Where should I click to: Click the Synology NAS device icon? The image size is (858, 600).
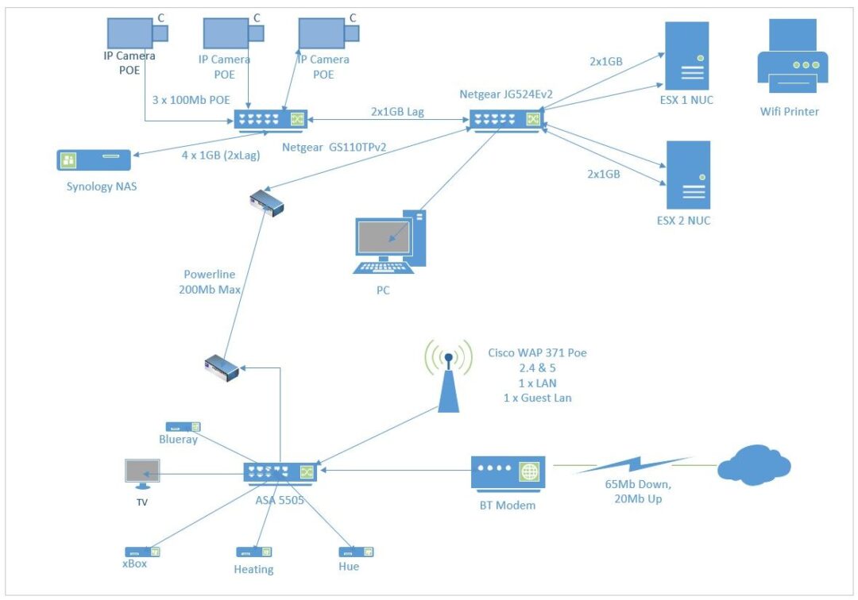point(94,160)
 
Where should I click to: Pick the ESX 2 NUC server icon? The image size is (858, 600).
point(688,175)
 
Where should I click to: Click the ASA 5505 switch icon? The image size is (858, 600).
point(280,471)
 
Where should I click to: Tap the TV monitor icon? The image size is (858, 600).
point(142,473)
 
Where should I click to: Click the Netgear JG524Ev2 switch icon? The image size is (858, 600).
point(505,120)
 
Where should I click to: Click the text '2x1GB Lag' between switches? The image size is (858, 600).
point(397,112)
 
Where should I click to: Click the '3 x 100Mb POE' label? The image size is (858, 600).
point(191,100)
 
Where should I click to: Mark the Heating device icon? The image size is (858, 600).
point(253,552)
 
